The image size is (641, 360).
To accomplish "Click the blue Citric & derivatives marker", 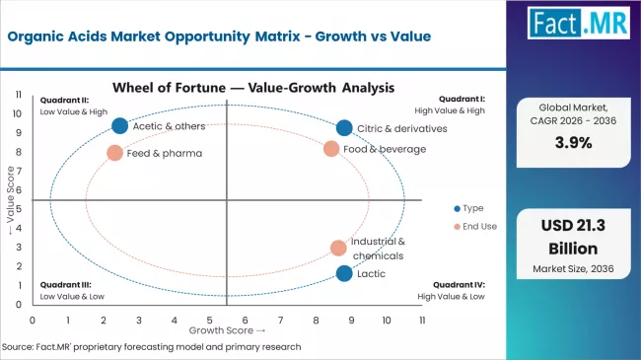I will tap(343, 128).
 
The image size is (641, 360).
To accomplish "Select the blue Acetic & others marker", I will tap(119, 125).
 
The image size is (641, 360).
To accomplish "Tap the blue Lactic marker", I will tap(343, 273).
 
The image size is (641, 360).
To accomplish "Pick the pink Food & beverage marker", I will tap(331, 149).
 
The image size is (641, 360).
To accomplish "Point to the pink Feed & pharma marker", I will tap(114, 153).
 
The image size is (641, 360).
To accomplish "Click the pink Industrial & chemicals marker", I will tap(338, 249).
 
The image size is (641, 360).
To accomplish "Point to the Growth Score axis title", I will tap(228, 331).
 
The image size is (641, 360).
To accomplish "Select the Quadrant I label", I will tap(464, 99).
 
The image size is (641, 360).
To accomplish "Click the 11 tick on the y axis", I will tap(19, 95).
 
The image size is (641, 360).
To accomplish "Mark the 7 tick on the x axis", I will tap(280, 321).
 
